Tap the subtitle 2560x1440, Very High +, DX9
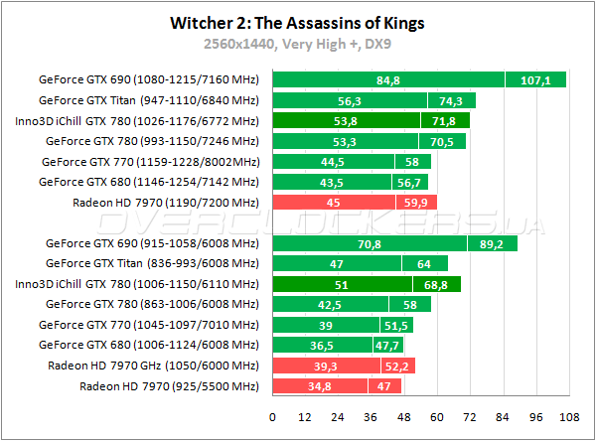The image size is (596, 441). (x=297, y=44)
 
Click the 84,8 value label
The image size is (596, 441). (x=388, y=80)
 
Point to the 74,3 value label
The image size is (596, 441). (x=452, y=100)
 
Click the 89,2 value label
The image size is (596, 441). (x=492, y=243)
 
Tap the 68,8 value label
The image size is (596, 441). (x=436, y=284)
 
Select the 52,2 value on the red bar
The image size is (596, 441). (x=396, y=366)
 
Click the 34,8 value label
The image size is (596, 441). (x=320, y=386)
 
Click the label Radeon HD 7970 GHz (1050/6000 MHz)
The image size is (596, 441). (x=153, y=366)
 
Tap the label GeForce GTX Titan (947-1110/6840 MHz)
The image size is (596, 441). (x=148, y=100)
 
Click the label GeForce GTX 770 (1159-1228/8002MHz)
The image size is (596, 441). (x=150, y=162)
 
